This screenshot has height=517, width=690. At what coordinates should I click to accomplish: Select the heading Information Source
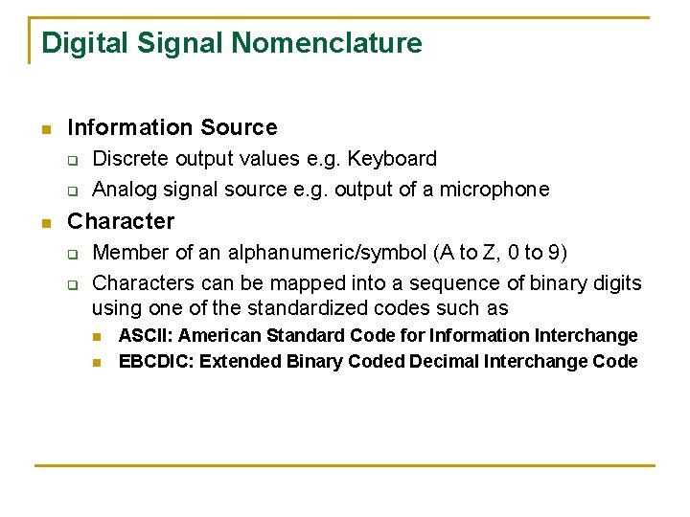pyautogui.click(x=172, y=127)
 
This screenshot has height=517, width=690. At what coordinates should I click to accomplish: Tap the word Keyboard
pyautogui.click(x=396, y=159)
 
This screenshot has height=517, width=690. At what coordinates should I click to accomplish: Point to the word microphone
pyautogui.click(x=494, y=190)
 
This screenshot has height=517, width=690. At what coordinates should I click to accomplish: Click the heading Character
pyautogui.click(x=121, y=221)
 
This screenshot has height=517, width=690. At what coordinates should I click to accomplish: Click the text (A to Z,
pyautogui.click(x=471, y=253)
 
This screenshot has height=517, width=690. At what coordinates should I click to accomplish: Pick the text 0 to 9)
pyautogui.click(x=542, y=253)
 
